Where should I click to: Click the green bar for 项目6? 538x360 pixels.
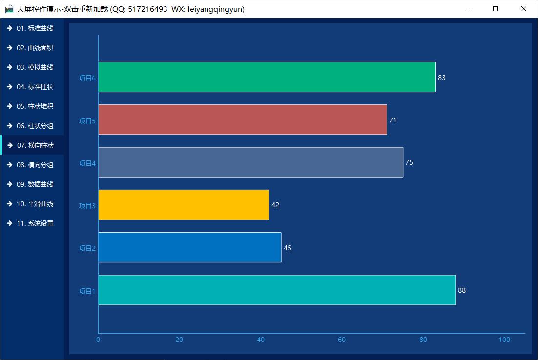click(x=267, y=77)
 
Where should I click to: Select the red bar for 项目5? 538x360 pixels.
click(x=242, y=120)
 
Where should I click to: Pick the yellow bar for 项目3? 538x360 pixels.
click(x=184, y=205)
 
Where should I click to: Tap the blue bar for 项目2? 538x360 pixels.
click(x=189, y=247)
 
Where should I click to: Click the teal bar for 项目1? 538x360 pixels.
click(x=277, y=290)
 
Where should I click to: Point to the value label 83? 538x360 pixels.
click(x=442, y=78)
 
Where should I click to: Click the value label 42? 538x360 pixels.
click(x=275, y=205)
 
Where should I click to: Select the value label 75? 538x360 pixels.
click(x=409, y=162)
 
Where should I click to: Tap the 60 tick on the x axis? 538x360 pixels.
click(x=342, y=340)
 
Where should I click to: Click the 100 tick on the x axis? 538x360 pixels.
click(x=504, y=340)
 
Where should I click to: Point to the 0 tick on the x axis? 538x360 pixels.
click(x=98, y=340)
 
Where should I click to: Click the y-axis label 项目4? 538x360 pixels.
click(x=87, y=163)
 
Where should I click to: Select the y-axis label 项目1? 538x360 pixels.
click(x=87, y=291)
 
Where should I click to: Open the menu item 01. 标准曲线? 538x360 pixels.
click(x=34, y=28)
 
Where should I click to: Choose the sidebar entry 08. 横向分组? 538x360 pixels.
click(x=34, y=165)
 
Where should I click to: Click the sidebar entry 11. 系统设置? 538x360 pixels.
click(x=34, y=223)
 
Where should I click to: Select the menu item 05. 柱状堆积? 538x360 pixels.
click(x=34, y=106)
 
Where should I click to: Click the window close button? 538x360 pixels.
click(x=524, y=9)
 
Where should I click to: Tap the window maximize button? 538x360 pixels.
click(x=496, y=9)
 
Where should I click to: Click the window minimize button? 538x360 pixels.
click(x=468, y=9)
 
